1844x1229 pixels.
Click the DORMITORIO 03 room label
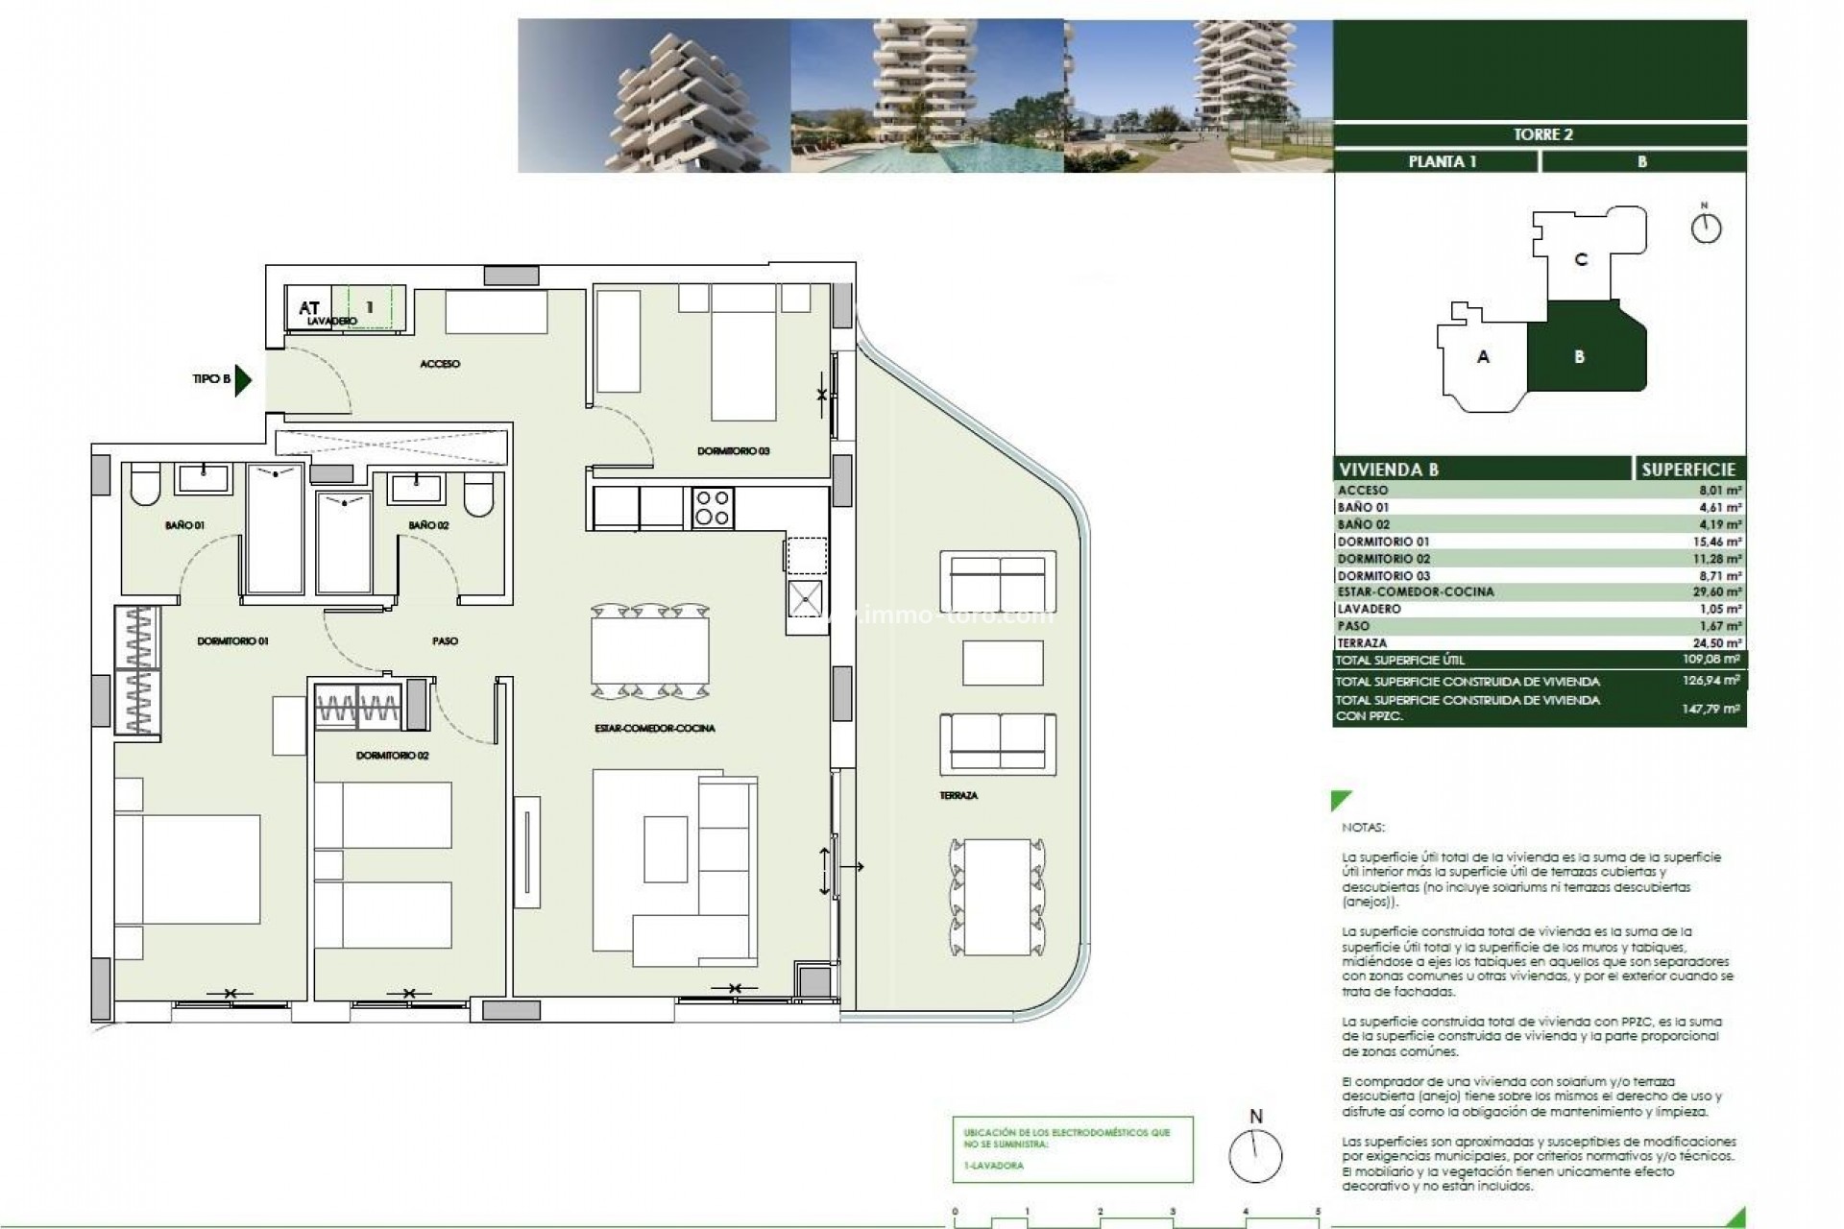[733, 450]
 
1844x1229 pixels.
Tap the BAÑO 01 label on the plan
[184, 525]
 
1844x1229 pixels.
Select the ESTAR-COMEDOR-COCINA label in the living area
[654, 728]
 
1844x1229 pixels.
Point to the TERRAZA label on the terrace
[958, 795]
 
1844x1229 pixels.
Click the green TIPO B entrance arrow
[243, 380]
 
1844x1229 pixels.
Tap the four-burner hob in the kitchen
[712, 508]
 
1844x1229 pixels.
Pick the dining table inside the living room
[649, 650]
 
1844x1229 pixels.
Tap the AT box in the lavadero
[308, 307]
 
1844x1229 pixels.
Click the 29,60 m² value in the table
[1716, 592]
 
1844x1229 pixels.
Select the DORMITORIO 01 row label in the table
[1383, 542]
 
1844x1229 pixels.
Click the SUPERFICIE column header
[1687, 469]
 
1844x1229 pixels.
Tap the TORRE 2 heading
[1542, 134]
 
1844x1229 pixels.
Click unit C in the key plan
[1581, 259]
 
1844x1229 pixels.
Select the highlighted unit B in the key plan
[1579, 357]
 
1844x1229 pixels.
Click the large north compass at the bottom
[1255, 1155]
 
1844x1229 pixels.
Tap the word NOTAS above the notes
[1363, 827]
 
